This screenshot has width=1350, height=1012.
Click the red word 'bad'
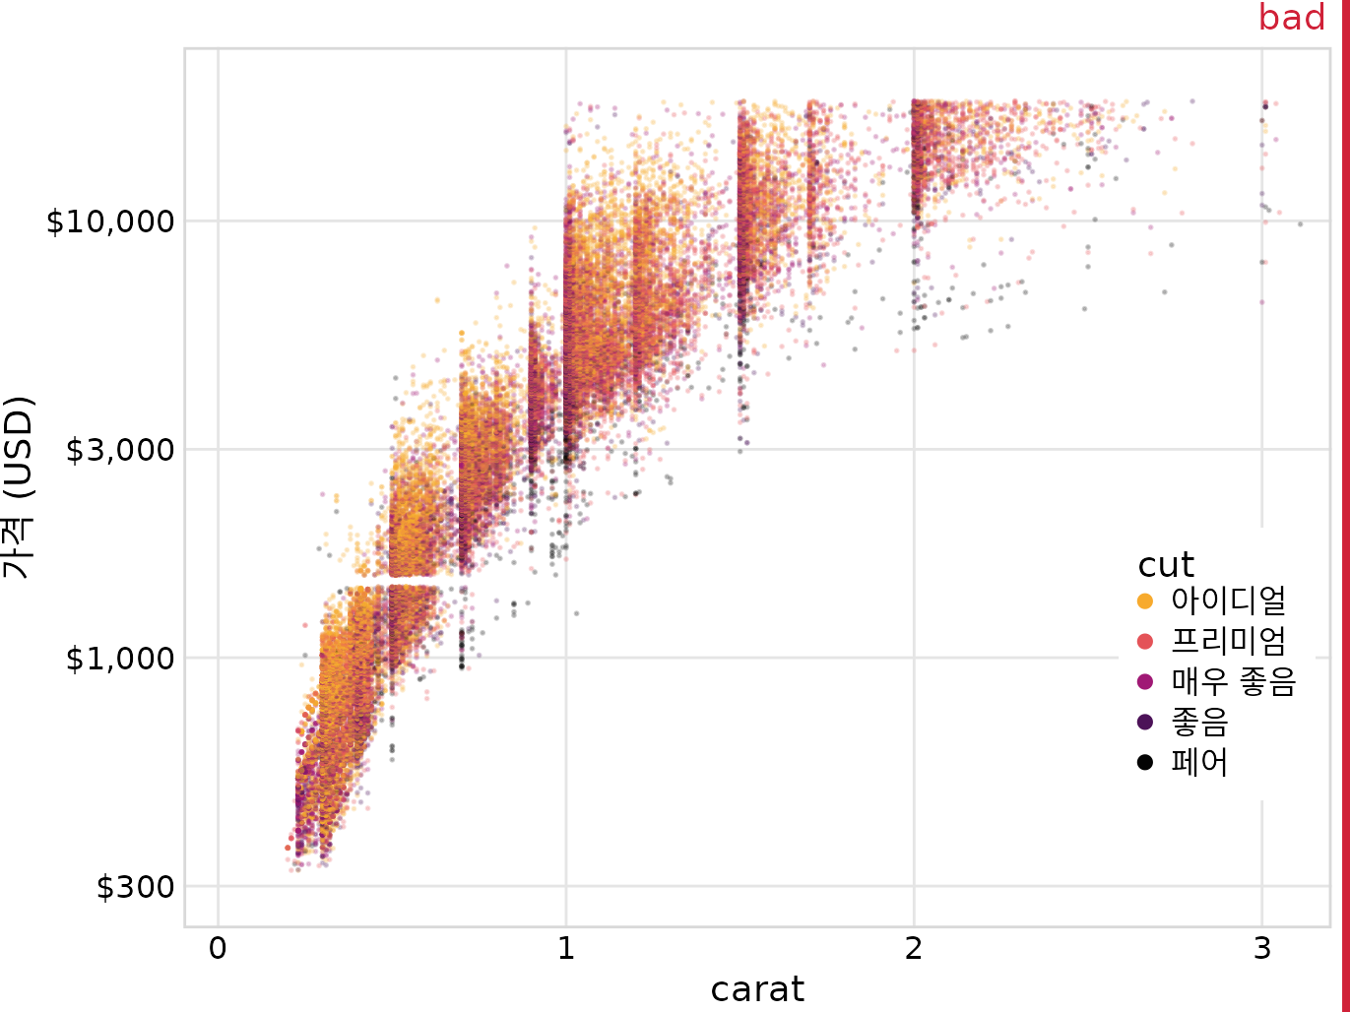(1291, 18)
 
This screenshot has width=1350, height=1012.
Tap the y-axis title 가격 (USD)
(19, 486)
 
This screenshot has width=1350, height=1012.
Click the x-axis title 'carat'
(757, 989)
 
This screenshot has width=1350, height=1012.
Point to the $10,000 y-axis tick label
(110, 221)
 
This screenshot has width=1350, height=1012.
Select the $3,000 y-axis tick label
(119, 450)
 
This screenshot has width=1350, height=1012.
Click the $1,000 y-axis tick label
(119, 658)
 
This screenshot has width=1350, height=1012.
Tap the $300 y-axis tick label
(135, 887)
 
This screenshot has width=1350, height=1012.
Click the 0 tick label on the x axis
(218, 949)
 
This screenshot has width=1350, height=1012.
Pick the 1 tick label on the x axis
(565, 949)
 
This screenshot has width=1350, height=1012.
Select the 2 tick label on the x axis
(914, 949)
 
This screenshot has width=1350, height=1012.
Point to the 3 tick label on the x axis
(1261, 949)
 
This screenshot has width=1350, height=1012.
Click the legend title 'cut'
(1166, 565)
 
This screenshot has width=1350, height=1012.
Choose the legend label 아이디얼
(1228, 601)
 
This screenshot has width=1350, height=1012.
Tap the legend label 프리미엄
(1228, 641)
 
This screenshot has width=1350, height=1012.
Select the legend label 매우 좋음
(1233, 681)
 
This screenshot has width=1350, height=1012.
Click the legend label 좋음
(1199, 722)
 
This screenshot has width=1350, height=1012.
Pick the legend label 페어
(1199, 762)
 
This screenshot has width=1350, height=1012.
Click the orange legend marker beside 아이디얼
(1144, 601)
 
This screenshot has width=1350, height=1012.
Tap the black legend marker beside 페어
(1144, 762)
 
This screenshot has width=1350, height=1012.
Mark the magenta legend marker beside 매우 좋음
(1144, 681)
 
